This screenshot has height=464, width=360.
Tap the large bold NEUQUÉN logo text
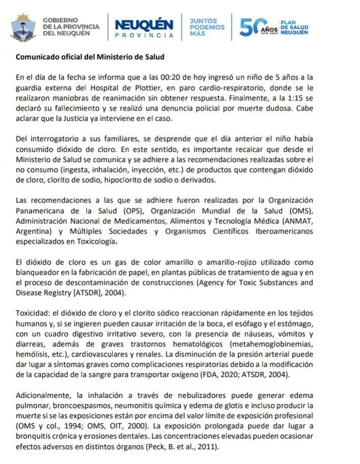[144, 24]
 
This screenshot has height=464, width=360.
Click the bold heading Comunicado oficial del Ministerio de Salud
[90, 57]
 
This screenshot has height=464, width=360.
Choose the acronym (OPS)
[119, 211]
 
